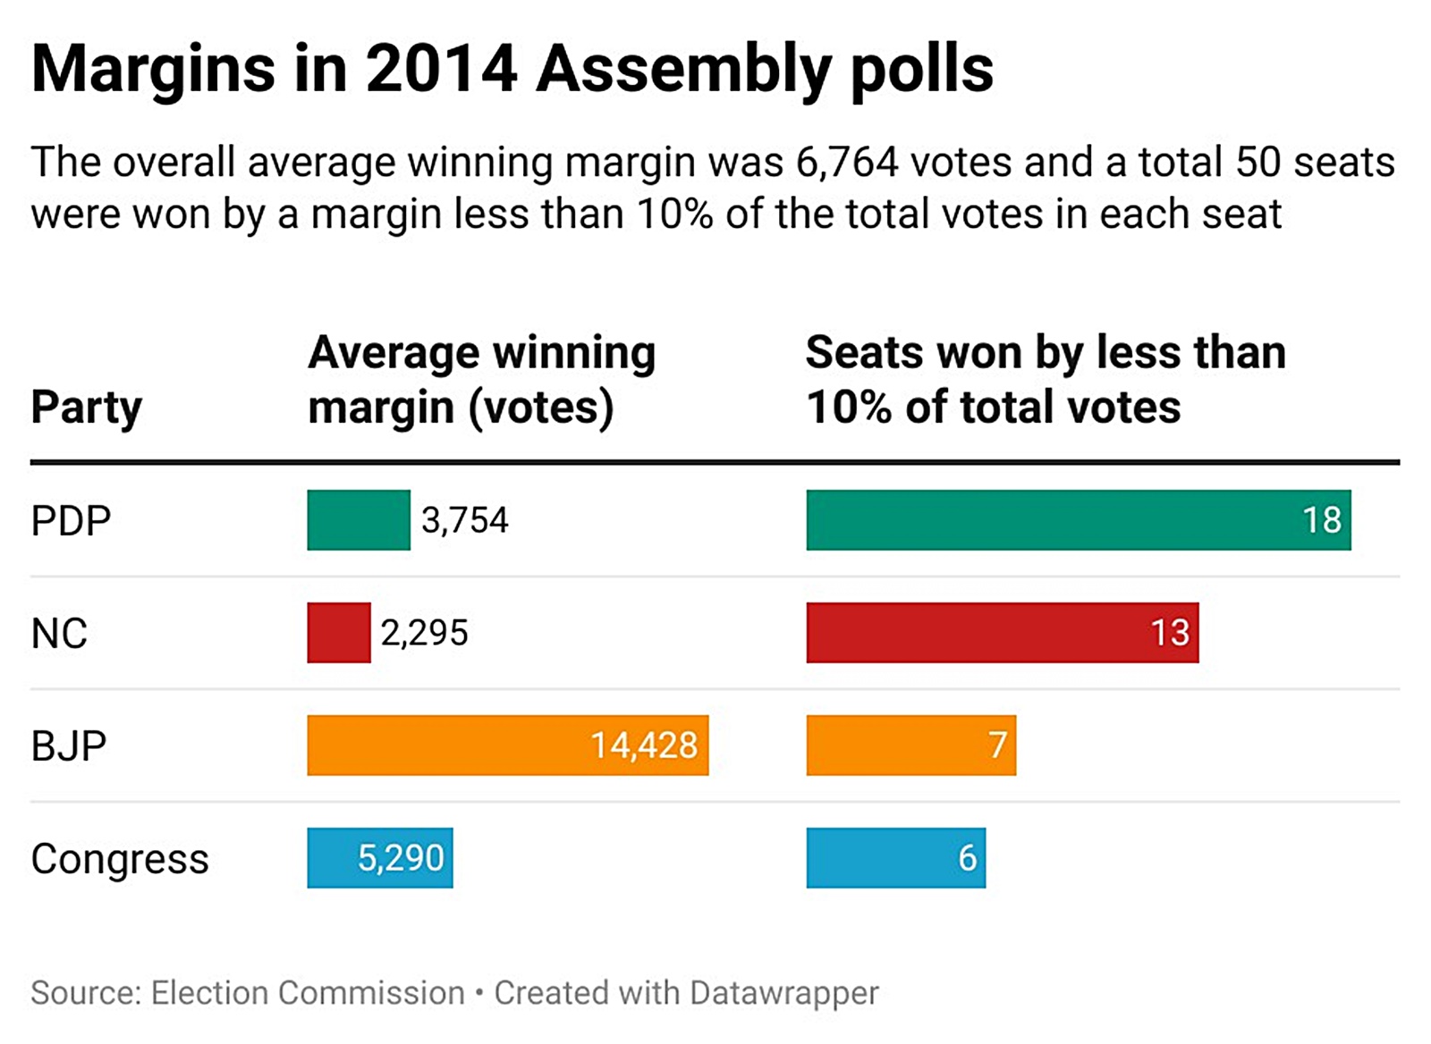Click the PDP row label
click(71, 520)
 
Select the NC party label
click(59, 633)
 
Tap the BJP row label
click(69, 745)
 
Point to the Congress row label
click(120, 858)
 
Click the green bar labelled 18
click(1078, 520)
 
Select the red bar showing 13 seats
click(1002, 633)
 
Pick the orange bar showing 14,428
click(507, 745)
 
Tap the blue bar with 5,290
click(379, 858)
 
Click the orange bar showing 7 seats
click(910, 745)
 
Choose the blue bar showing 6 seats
click(895, 858)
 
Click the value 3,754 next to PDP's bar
click(464, 520)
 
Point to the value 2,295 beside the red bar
click(424, 633)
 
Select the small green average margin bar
click(359, 520)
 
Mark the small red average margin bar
click(338, 633)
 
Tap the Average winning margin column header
click(481, 379)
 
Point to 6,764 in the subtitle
click(846, 163)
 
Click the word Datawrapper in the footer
click(783, 992)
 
